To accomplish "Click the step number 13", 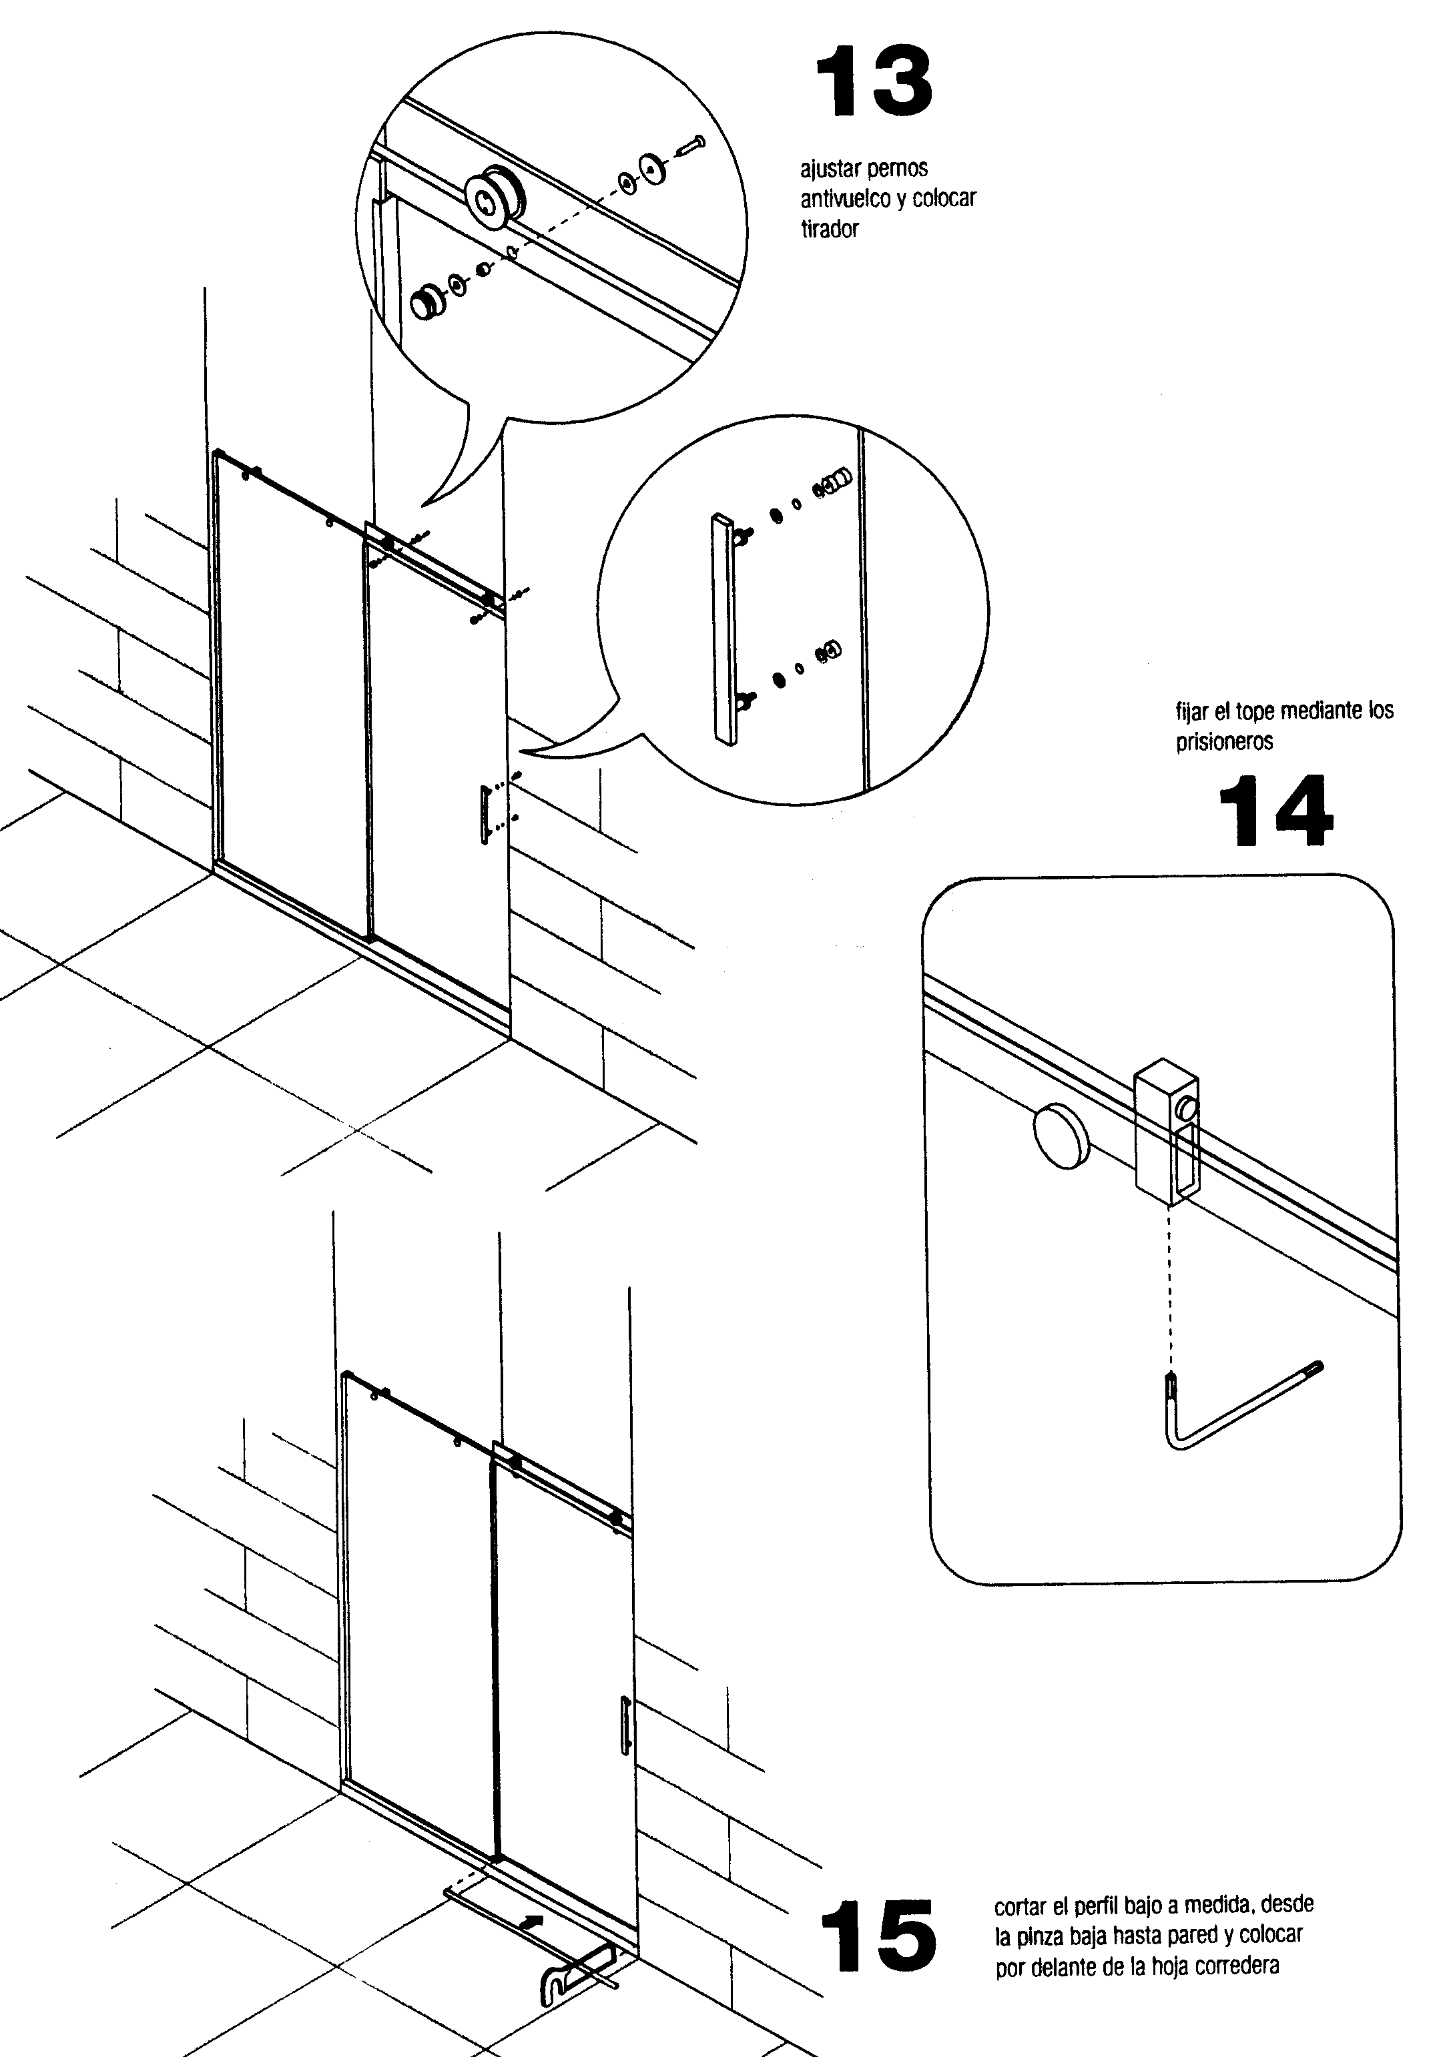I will [874, 83].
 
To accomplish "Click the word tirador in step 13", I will [830, 230].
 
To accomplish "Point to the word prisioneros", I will [1224, 742].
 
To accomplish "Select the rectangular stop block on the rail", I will [1167, 1132].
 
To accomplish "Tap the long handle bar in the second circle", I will [724, 630].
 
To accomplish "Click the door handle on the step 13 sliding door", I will [485, 813].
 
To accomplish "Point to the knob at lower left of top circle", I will [426, 302].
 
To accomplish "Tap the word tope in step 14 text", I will [1255, 711].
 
